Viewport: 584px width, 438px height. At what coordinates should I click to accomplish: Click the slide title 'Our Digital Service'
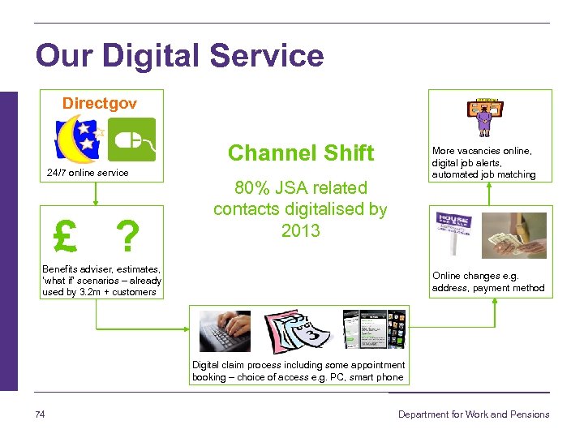coord(179,56)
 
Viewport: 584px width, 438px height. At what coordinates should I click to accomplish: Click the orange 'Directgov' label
coord(100,104)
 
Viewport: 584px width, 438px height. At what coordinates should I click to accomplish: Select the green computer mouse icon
coord(132,140)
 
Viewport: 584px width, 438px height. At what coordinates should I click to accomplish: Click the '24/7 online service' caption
coord(88,173)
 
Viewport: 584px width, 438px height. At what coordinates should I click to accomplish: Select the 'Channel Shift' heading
coord(300,152)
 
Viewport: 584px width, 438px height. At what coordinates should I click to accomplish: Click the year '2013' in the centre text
coord(301,230)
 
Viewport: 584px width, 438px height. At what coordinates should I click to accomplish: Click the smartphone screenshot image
coord(373,330)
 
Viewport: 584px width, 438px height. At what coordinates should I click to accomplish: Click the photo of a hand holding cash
coord(516,235)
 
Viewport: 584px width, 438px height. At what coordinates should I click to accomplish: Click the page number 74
coord(41,414)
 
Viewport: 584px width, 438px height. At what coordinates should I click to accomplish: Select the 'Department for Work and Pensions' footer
coord(473,414)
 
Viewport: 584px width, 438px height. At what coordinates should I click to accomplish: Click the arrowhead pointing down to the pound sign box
coord(96,202)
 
